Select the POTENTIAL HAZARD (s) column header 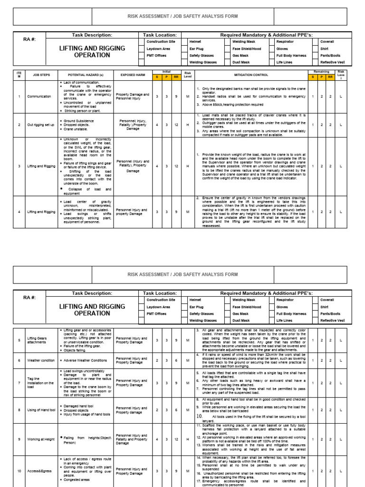(x=86, y=75)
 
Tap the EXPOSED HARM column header (x=133, y=75)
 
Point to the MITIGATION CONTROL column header (x=251, y=75)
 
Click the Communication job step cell (x=39, y=97)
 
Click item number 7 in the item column (x=19, y=383)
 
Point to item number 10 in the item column (x=19, y=471)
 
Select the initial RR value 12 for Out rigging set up (x=176, y=125)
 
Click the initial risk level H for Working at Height (x=188, y=439)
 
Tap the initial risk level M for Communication (x=188, y=97)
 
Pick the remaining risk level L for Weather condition (x=341, y=360)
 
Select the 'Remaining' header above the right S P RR (x=322, y=72)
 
